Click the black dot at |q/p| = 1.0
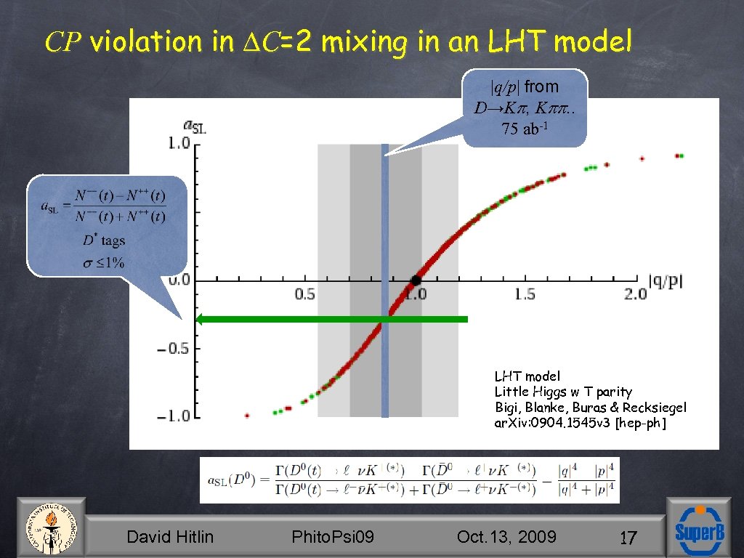[415, 280]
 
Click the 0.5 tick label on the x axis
[304, 294]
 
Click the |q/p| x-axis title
[665, 281]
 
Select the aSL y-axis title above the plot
[195, 126]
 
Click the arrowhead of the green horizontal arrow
[203, 319]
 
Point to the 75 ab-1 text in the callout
[523, 129]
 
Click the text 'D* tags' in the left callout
[103, 240]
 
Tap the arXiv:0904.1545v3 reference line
[580, 423]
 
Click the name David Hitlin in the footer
[170, 537]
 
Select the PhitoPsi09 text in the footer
[332, 537]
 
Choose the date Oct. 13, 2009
[506, 537]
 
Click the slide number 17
[628, 538]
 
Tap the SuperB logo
[699, 529]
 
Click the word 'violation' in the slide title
[150, 42]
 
